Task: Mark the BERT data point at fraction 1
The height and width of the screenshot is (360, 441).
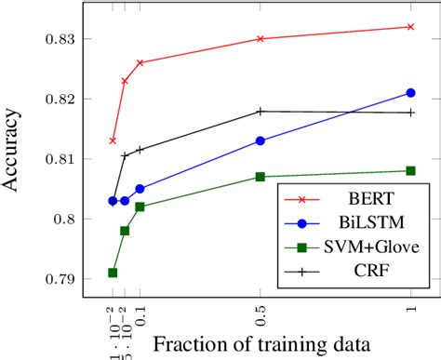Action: (411, 27)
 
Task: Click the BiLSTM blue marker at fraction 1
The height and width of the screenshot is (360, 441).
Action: (411, 93)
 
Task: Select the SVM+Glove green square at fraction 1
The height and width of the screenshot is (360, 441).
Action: (411, 170)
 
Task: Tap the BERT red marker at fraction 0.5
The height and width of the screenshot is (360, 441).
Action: (260, 39)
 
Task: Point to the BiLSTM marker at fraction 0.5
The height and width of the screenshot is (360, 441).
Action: (260, 140)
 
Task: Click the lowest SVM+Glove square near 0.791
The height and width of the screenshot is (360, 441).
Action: (113, 273)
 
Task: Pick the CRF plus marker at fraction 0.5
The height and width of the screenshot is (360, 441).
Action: (260, 111)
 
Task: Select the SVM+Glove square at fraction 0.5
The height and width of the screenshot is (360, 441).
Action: (260, 177)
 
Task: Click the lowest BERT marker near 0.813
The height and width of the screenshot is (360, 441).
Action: (113, 140)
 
